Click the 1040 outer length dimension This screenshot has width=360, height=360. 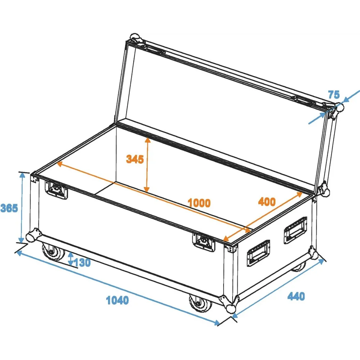[117, 300]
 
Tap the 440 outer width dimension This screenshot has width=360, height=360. [296, 296]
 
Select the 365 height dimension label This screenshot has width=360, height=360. [9, 208]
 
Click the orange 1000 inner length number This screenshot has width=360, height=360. [199, 203]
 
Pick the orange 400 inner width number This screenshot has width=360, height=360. [267, 202]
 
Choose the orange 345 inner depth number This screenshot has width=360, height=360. [135, 159]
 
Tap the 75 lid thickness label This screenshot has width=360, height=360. [334, 94]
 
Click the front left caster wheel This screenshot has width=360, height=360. [53, 252]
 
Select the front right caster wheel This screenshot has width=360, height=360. [201, 303]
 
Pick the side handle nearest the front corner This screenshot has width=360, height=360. [258, 253]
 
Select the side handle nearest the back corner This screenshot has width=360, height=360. [296, 230]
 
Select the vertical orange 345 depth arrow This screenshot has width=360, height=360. [147, 165]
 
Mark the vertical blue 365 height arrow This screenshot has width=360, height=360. [22, 208]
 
